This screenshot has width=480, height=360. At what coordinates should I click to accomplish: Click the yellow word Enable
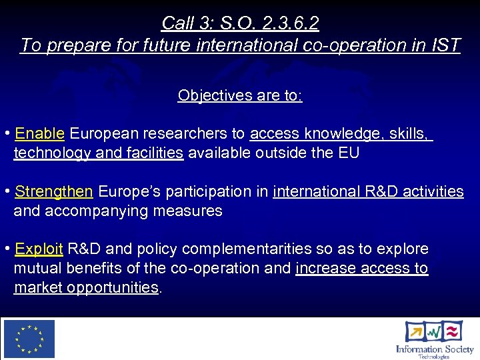(x=39, y=133)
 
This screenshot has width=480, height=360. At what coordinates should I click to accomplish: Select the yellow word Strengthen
(x=54, y=191)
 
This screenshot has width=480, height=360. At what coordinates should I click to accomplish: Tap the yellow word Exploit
(x=39, y=249)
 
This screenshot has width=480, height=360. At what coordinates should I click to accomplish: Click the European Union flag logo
(x=29, y=339)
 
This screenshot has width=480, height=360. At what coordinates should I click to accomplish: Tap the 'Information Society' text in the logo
(x=434, y=349)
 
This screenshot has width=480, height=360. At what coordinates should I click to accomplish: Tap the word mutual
(x=37, y=268)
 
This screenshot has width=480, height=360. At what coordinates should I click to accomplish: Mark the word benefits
(x=93, y=268)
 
